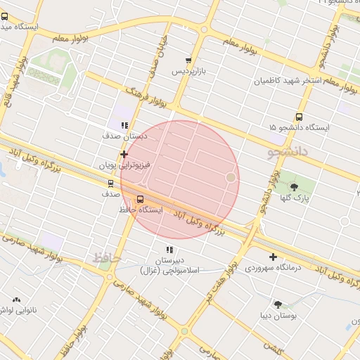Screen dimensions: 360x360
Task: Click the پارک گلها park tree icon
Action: (x=293, y=186)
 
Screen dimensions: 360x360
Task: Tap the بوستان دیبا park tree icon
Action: (x=278, y=304)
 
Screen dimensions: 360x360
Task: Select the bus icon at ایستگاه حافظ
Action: (x=141, y=199)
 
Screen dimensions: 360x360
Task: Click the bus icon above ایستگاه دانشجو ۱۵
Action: (x=299, y=117)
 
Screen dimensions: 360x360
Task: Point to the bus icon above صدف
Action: (x=110, y=184)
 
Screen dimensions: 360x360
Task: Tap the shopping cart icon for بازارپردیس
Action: (x=188, y=61)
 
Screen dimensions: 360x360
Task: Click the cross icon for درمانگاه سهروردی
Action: (x=273, y=257)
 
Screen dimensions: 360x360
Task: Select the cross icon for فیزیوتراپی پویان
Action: (x=124, y=154)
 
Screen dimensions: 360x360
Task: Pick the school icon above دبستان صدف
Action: (x=124, y=126)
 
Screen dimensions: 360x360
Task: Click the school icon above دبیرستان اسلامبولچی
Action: (x=169, y=250)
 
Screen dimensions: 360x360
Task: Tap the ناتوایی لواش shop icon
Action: (x=16, y=300)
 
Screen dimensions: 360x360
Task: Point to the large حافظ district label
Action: (x=107, y=258)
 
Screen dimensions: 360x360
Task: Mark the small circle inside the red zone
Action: (x=230, y=177)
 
